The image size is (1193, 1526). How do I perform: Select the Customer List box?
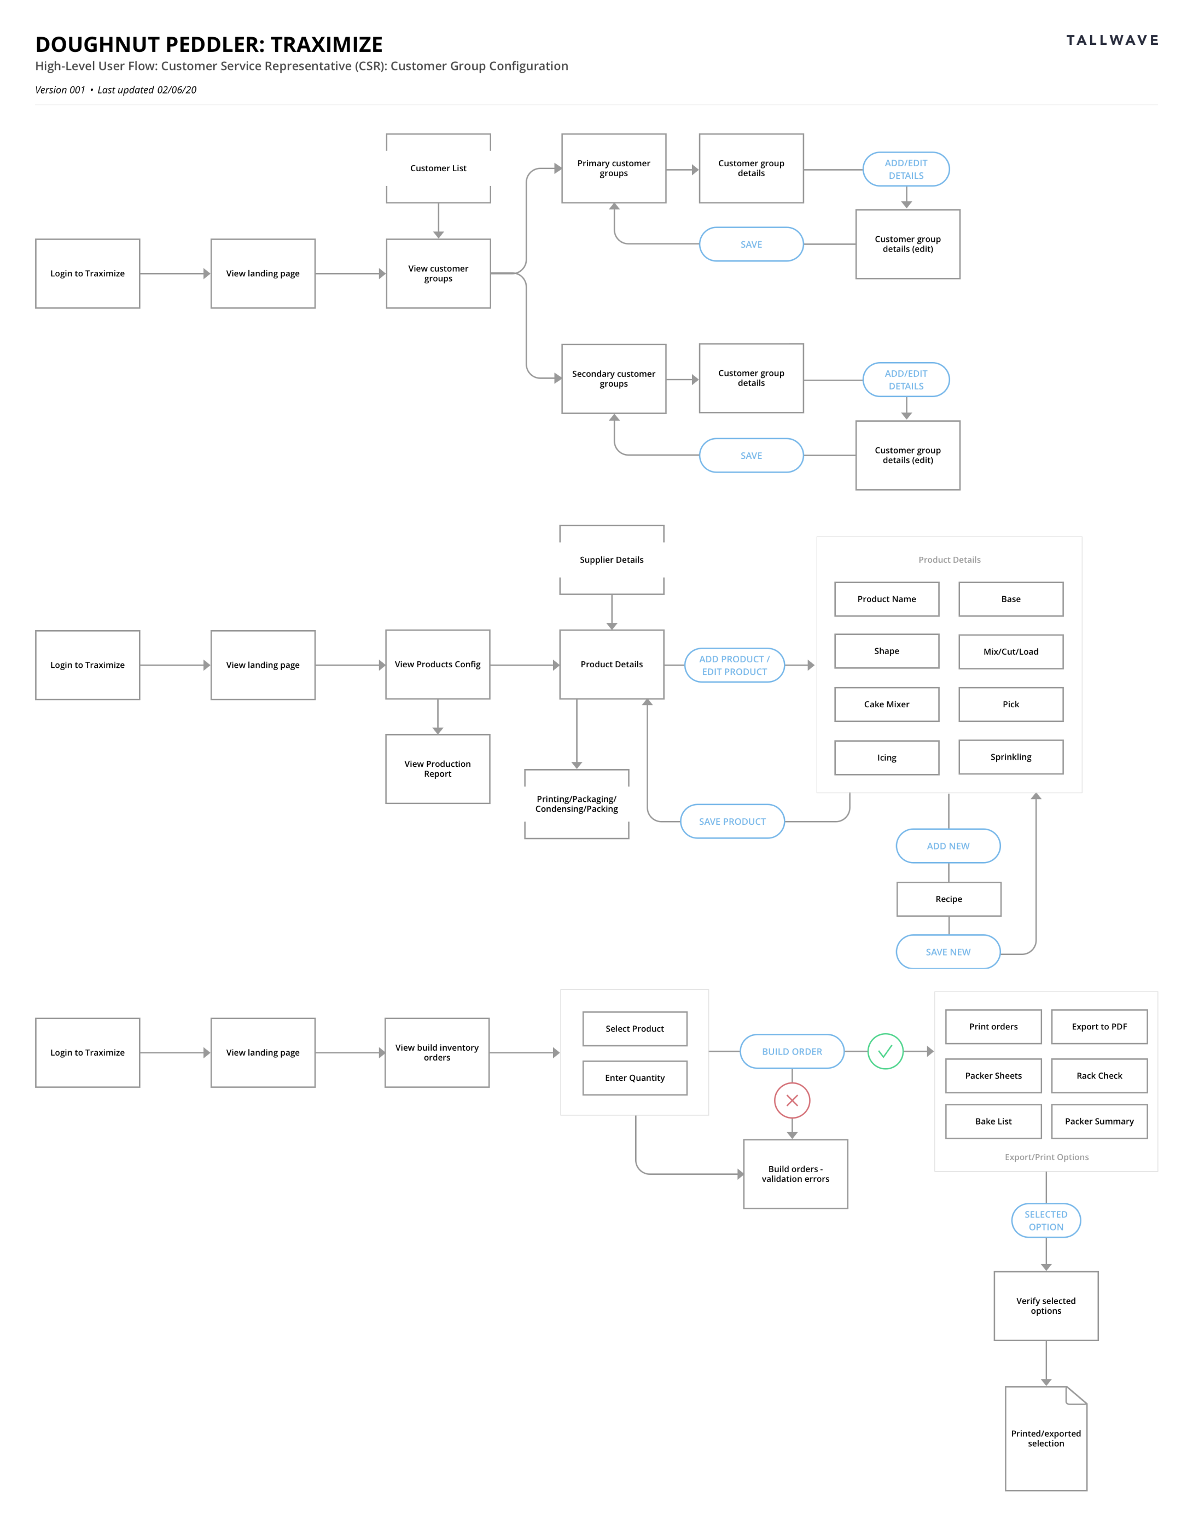click(x=438, y=168)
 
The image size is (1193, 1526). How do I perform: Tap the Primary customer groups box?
click(x=614, y=168)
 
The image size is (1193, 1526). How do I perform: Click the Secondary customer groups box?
click(x=614, y=378)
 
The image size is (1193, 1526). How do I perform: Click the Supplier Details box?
click(x=612, y=560)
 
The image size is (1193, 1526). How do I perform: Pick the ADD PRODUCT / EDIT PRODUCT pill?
click(x=734, y=665)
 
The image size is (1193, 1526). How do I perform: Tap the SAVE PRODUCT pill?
click(x=732, y=822)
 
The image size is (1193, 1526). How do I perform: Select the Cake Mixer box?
click(x=886, y=704)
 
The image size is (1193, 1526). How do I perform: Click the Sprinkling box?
click(x=1011, y=757)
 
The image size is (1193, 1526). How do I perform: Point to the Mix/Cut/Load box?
click(x=1011, y=651)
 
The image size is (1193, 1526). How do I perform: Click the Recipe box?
click(x=948, y=899)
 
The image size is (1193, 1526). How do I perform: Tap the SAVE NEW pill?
click(x=948, y=952)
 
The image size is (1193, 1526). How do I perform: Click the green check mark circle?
click(x=885, y=1052)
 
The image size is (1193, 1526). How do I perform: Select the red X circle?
click(x=792, y=1100)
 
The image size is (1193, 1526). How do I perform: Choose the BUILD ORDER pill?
click(x=792, y=1052)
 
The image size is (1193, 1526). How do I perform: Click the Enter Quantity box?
click(x=635, y=1077)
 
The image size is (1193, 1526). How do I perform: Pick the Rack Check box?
click(x=1099, y=1076)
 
